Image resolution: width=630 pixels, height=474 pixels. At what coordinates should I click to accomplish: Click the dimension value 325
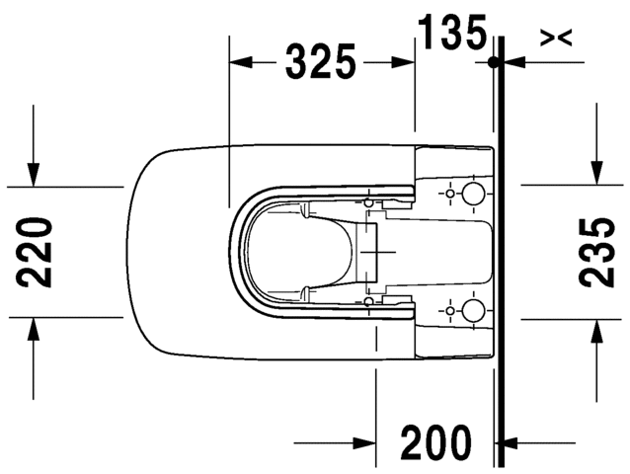[321, 62]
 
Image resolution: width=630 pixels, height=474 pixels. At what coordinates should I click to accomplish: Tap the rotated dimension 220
[37, 253]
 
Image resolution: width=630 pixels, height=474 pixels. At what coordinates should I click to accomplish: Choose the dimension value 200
[435, 443]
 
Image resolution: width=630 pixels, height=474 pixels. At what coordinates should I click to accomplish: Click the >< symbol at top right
[556, 38]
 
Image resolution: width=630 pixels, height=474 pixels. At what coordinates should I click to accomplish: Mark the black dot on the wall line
[493, 62]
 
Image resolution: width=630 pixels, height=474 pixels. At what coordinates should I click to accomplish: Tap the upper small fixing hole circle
[451, 193]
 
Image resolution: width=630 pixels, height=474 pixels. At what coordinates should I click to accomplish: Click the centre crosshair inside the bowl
[374, 253]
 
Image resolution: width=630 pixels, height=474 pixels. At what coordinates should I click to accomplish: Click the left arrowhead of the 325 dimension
[239, 62]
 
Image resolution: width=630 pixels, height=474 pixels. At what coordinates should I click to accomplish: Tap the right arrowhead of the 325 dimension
[406, 62]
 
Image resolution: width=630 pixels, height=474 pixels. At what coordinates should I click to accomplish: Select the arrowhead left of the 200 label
[364, 443]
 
